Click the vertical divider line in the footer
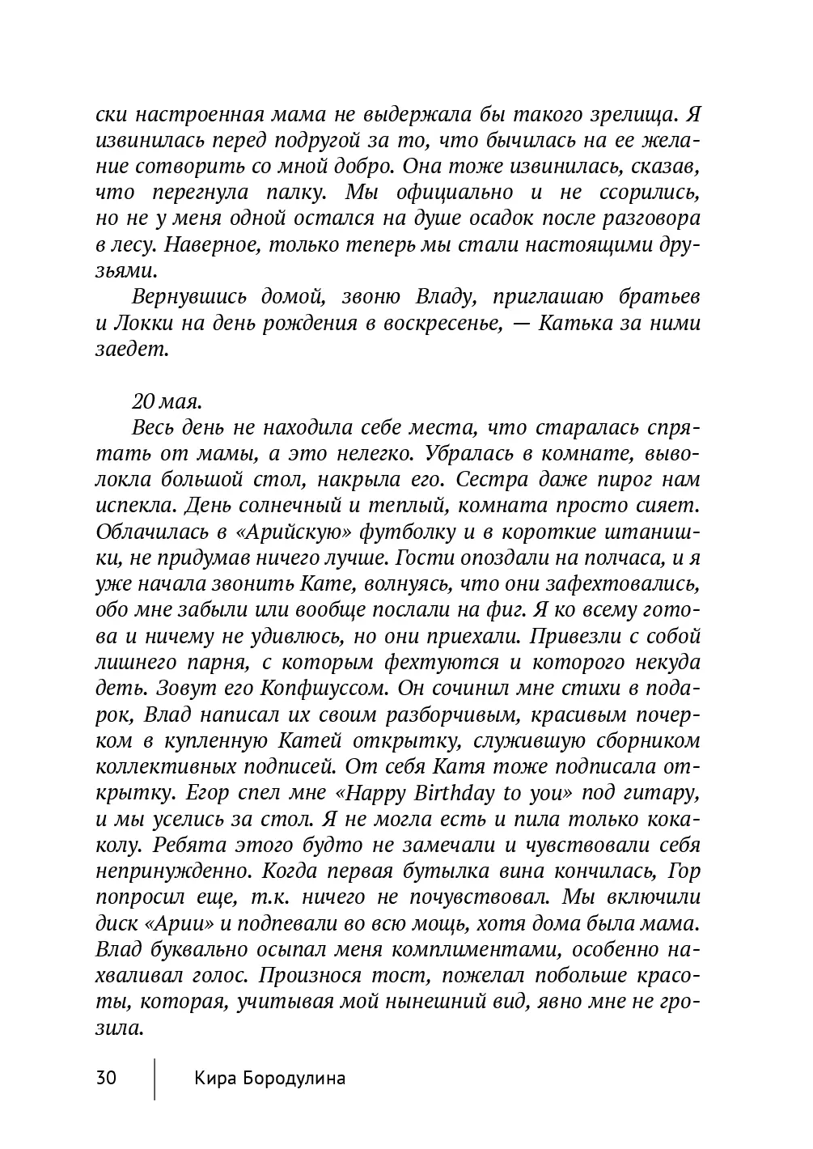tap(155, 1078)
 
